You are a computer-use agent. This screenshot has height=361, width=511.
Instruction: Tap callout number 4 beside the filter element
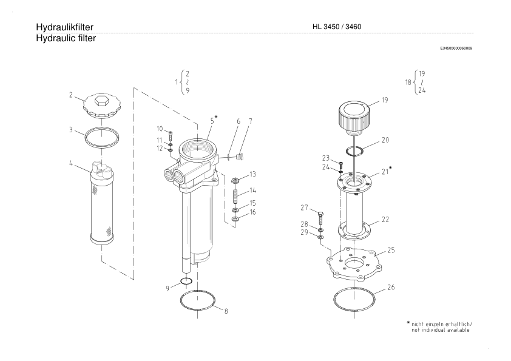71,163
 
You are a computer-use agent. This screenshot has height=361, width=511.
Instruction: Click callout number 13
252,174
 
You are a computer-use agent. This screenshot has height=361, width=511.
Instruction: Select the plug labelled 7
241,157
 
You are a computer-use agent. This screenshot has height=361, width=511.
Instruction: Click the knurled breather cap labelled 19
354,116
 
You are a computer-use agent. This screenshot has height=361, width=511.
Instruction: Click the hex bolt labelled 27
320,218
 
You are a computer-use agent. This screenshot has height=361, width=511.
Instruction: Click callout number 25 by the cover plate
391,250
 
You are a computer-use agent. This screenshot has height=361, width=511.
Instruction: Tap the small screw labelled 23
341,164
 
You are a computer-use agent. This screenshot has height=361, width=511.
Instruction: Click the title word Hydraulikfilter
64,27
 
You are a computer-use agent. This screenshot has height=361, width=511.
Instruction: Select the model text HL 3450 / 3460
337,27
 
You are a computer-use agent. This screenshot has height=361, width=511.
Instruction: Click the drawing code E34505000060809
456,49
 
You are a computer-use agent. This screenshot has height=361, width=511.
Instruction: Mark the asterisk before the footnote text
408,323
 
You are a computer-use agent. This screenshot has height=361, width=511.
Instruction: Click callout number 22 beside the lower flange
385,220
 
